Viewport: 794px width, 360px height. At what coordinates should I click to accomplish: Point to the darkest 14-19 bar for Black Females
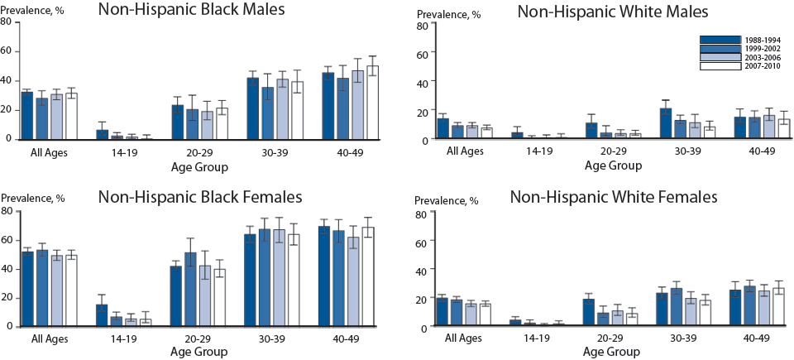[x=102, y=315]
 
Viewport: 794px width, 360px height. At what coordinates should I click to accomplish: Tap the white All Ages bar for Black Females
[x=71, y=290]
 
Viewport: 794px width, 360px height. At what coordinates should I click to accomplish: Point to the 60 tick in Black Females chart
[x=7, y=240]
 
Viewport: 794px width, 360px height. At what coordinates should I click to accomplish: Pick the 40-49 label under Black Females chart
[x=357, y=338]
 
